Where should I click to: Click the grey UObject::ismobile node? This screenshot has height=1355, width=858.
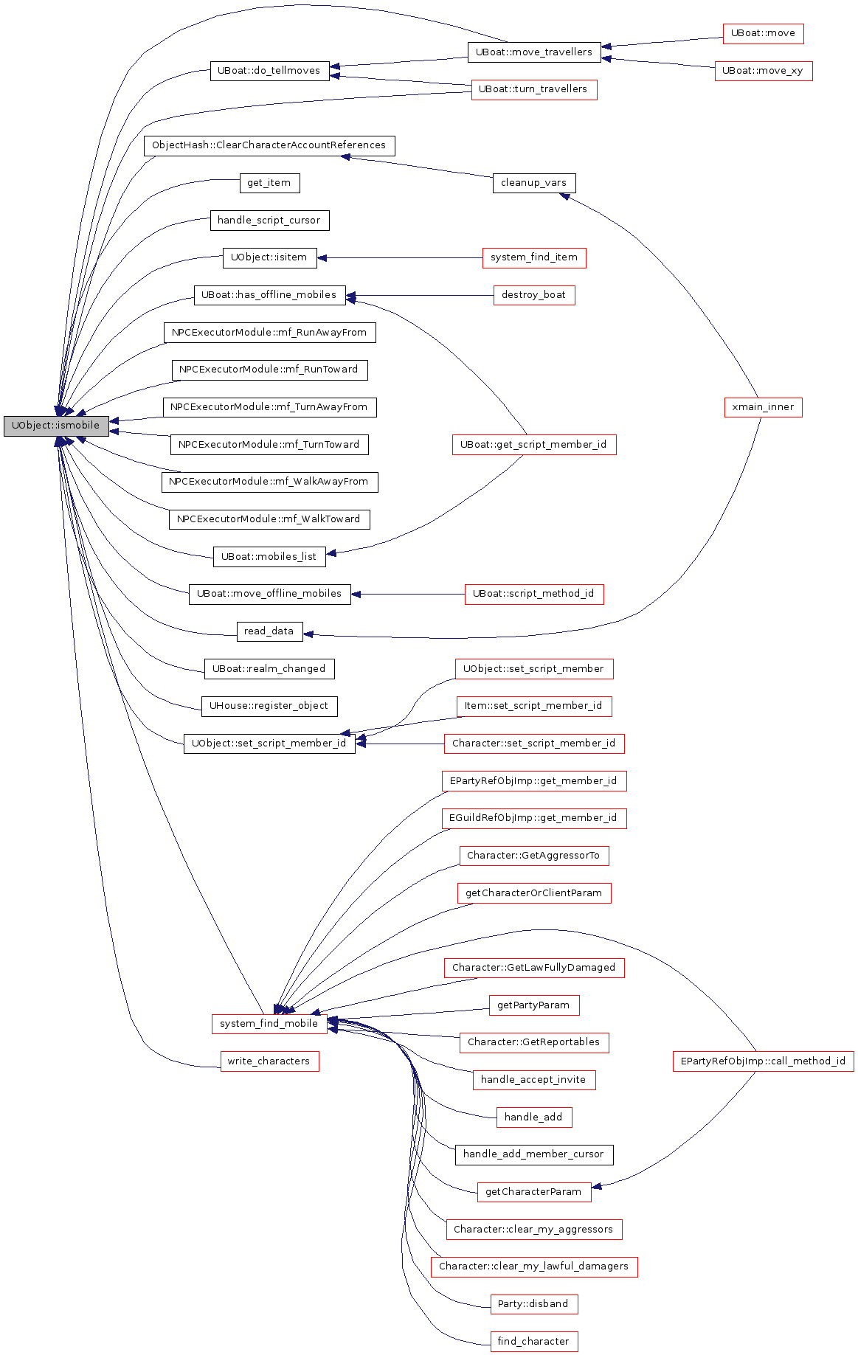(56, 426)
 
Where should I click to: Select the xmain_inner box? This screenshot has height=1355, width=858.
(763, 407)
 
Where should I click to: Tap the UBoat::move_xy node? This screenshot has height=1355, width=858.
(763, 71)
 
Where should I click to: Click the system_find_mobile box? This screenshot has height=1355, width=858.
(269, 1024)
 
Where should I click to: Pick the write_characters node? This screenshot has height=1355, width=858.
(269, 1061)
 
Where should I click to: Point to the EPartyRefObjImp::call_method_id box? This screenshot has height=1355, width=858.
(763, 1061)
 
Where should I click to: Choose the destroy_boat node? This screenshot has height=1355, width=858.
(534, 295)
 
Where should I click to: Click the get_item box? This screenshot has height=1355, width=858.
(269, 183)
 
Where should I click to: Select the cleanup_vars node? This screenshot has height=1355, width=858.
(534, 183)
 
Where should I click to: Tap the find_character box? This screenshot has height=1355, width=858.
(534, 1342)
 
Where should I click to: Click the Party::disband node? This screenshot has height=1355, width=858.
(534, 1304)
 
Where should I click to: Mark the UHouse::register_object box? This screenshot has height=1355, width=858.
(269, 706)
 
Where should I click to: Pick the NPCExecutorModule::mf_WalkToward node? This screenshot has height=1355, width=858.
(269, 519)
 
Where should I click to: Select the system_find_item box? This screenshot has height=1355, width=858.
(534, 257)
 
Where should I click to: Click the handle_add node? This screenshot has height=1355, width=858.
(534, 1117)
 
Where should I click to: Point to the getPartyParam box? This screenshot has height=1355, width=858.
(534, 1005)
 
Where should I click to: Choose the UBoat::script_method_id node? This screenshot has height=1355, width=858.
(534, 594)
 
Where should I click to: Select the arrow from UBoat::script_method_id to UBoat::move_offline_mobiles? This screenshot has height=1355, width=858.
(408, 594)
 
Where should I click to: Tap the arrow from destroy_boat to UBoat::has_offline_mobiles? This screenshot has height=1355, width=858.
(420, 296)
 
